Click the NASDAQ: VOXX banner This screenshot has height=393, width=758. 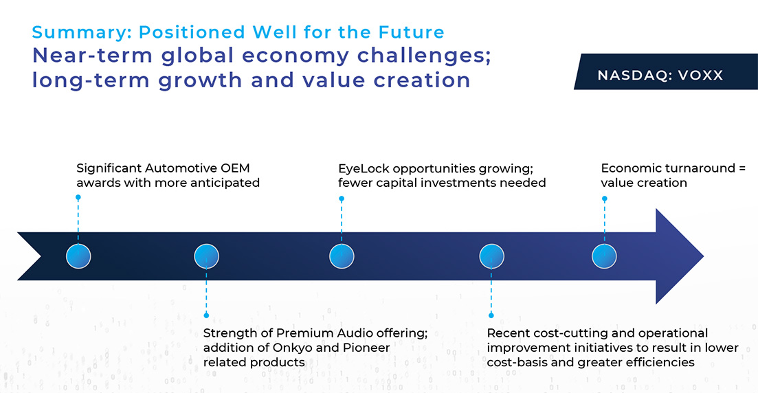pos(666,71)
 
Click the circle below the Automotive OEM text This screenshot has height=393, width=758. pos(78,256)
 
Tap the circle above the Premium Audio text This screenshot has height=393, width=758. pos(206,256)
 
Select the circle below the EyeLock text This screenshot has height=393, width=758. pos(342,256)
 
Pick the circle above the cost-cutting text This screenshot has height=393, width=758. pos(491,256)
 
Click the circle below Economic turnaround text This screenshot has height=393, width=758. pos(604,256)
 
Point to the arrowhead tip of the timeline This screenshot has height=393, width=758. pos(704,256)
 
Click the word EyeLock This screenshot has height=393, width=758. pos(364,169)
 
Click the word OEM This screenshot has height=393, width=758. pos(236,168)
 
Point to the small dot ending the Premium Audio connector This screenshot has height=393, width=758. pos(206,315)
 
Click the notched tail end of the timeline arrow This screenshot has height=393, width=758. pos(41,256)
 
